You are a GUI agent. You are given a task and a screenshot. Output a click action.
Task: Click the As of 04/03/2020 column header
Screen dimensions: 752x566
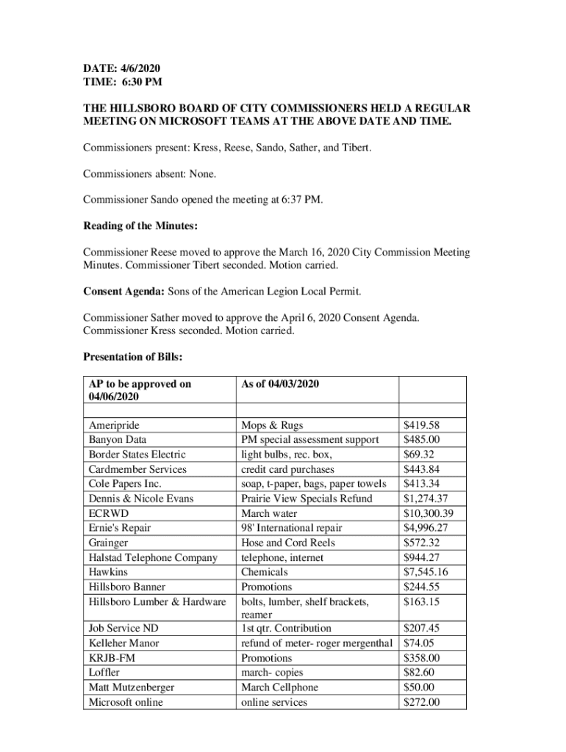coord(280,384)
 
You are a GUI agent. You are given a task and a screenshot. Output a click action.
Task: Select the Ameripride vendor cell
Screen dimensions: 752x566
coord(114,425)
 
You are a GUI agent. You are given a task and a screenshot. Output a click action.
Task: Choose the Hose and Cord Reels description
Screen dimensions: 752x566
coord(288,543)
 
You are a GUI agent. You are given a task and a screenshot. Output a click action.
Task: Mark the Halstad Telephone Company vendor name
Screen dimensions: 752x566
coord(153,557)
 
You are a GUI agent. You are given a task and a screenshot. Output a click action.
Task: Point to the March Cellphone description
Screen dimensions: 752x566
coord(280,687)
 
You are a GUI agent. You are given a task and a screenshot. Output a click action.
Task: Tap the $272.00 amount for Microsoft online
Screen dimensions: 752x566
coord(422,702)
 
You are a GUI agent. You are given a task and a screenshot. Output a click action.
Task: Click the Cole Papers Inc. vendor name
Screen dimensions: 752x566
coord(125,484)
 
